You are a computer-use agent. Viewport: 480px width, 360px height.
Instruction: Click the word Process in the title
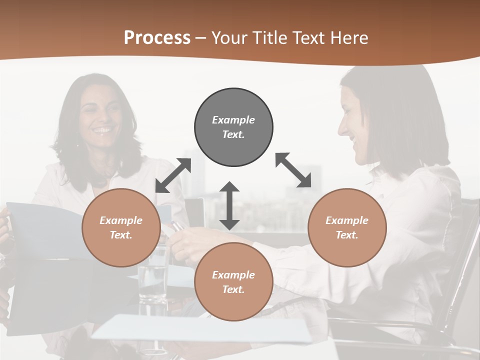[x=157, y=38]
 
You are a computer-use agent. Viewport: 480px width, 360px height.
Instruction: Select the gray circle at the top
[x=233, y=127]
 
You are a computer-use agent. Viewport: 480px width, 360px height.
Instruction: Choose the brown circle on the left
[x=121, y=227]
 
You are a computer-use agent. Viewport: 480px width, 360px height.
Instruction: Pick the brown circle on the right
[x=347, y=227]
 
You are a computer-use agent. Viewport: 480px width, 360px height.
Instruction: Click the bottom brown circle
[x=233, y=282]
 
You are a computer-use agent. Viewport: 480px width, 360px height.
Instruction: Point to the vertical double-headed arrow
[x=229, y=205]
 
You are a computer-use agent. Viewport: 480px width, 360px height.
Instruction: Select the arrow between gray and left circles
[x=173, y=175]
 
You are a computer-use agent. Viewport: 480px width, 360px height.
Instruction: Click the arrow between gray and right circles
[x=293, y=170]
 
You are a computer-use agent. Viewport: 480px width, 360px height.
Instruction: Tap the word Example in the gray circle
[x=233, y=120]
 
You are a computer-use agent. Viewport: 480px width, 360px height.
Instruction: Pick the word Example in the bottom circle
[x=233, y=275]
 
